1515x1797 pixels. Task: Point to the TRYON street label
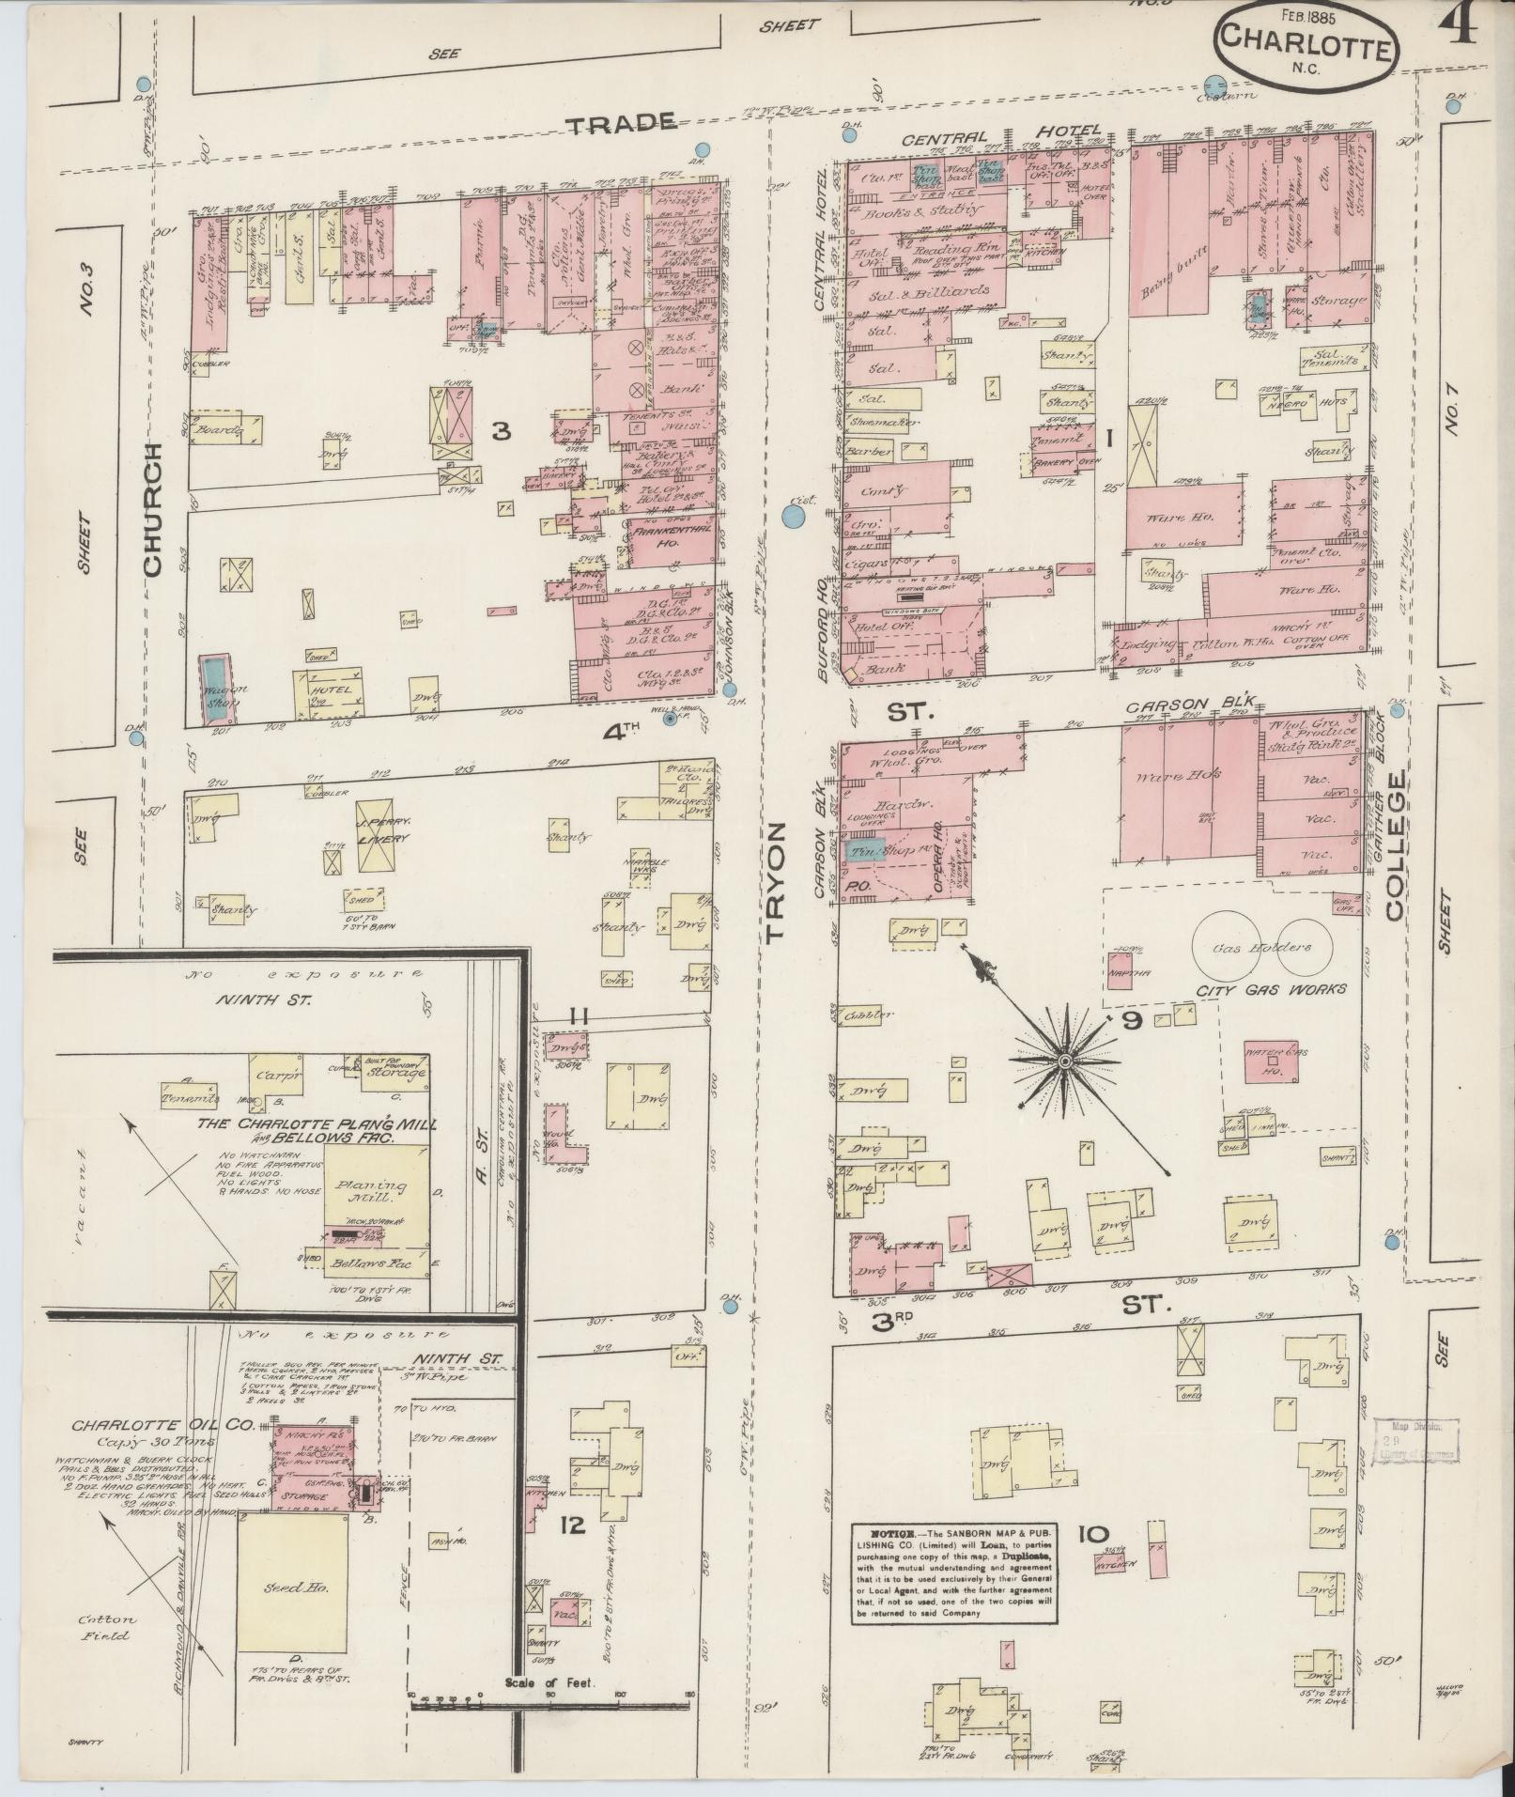(x=776, y=881)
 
